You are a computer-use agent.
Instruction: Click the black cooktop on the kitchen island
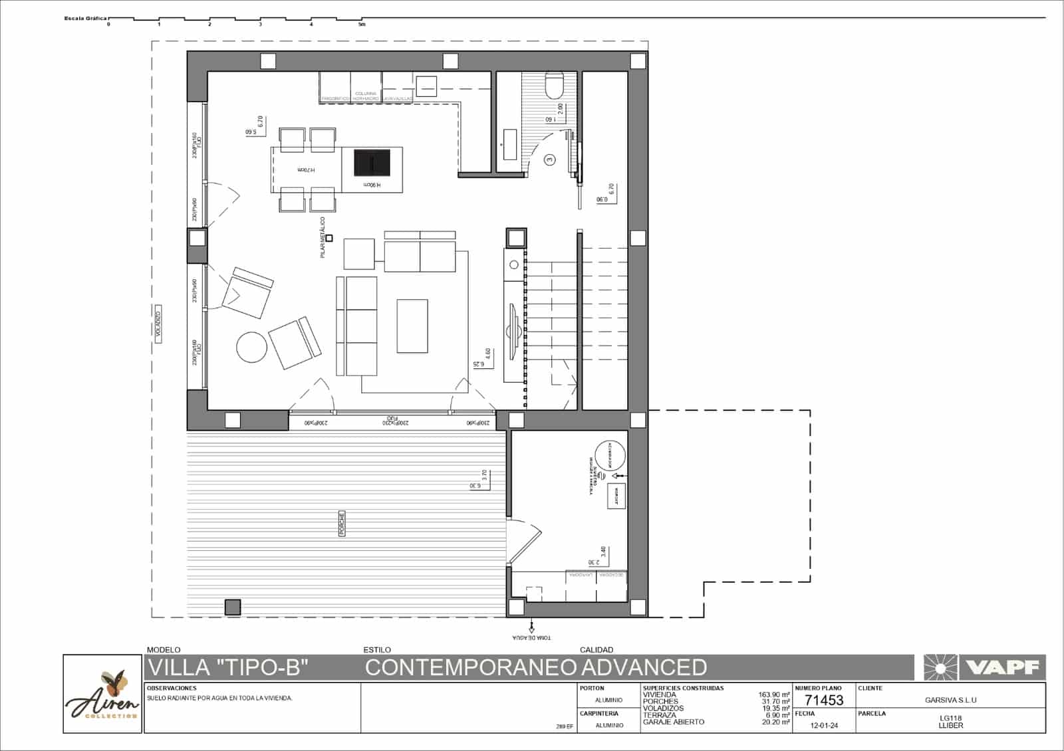(372, 162)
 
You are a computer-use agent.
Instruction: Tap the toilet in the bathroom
(553, 86)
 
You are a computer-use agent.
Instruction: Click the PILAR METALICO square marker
(329, 238)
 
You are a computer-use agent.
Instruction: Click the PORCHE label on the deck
(342, 524)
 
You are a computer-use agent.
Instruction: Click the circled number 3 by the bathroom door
(549, 160)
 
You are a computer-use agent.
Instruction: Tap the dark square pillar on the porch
(232, 607)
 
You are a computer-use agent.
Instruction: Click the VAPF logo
(984, 667)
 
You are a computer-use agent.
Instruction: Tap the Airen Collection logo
(103, 695)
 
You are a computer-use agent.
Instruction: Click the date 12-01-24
(824, 726)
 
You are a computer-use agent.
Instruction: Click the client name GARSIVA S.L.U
(950, 700)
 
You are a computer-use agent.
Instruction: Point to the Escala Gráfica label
(85, 19)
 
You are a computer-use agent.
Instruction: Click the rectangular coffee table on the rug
(412, 326)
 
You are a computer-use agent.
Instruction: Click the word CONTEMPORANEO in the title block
(470, 667)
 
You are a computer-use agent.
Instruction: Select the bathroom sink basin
(510, 145)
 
